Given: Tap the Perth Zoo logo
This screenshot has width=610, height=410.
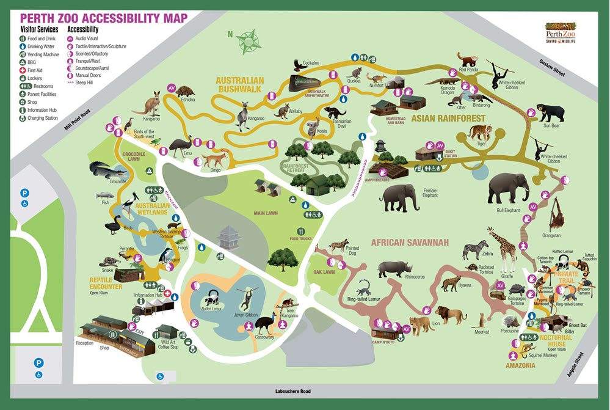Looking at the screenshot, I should tap(562, 32).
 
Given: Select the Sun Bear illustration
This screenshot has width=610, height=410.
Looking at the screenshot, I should tap(553, 112).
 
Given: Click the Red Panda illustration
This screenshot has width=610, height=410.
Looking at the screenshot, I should tap(470, 60).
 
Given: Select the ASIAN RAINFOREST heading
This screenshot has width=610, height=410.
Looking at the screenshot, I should tap(448, 118).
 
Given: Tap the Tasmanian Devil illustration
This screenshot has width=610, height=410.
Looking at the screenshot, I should tap(335, 112).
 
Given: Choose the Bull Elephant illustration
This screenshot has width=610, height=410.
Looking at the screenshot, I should tap(508, 187).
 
